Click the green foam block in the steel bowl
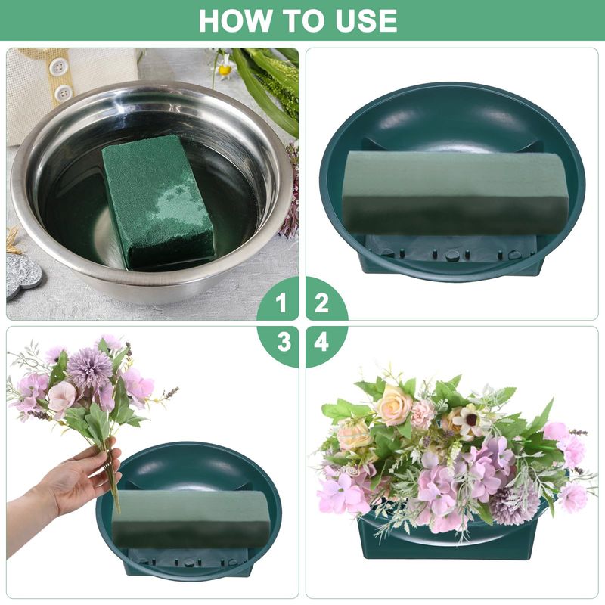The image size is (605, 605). point(158,202)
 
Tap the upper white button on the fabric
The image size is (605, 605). point(59,67)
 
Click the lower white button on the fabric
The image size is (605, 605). point(64,94)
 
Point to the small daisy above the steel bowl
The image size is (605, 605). point(225,68)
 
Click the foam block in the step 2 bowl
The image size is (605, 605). point(455,193)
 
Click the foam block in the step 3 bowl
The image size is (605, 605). point(191,514)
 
